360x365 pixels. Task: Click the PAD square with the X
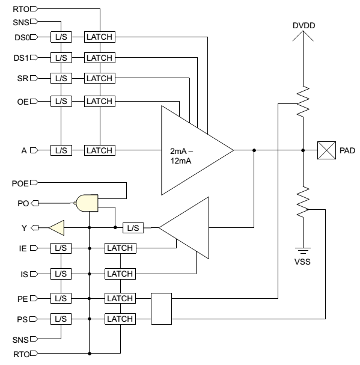[x=326, y=150]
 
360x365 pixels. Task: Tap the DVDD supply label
[x=304, y=26]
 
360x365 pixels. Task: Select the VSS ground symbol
[x=303, y=251]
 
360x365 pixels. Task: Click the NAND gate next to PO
[x=87, y=203]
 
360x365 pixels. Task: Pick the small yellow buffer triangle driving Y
[x=56, y=228]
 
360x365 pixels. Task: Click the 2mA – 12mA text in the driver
[x=182, y=156]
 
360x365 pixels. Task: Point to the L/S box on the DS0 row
[x=61, y=37]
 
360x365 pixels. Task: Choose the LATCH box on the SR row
[x=100, y=78]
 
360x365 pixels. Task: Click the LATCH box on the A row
[x=100, y=150]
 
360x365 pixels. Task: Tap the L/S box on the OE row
[x=61, y=101]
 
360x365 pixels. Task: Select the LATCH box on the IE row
[x=120, y=248]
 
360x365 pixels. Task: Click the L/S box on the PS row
[x=61, y=319]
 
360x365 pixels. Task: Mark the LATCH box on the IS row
[x=120, y=274]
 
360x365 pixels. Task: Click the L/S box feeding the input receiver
[x=133, y=228]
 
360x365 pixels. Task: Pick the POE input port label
[x=20, y=183]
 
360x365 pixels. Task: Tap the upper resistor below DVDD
[x=303, y=101]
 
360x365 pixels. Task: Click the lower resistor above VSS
[x=303, y=201]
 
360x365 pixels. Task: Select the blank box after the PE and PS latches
[x=161, y=308]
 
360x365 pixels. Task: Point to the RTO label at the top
[x=21, y=9]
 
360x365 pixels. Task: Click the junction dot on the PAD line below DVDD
[x=303, y=150]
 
